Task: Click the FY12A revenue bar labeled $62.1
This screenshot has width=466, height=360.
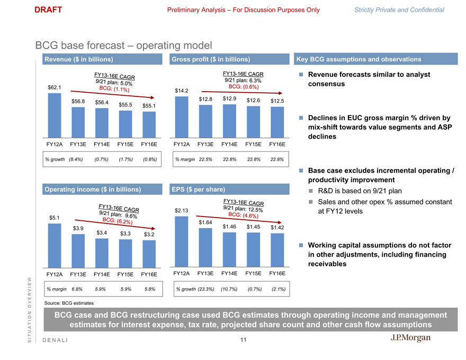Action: (54, 115)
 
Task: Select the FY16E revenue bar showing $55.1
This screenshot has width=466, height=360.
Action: (149, 124)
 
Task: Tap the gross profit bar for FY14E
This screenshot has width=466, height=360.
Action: (229, 120)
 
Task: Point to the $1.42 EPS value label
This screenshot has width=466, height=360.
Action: (277, 228)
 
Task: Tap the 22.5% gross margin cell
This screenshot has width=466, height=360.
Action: (205, 159)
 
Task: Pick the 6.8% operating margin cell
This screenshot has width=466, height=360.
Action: (78, 289)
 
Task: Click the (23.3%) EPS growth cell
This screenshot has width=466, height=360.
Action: (205, 289)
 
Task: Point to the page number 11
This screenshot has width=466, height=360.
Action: (243, 340)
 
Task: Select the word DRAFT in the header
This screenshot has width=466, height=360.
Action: (48, 10)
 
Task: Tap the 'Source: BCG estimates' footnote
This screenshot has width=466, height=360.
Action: (69, 303)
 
